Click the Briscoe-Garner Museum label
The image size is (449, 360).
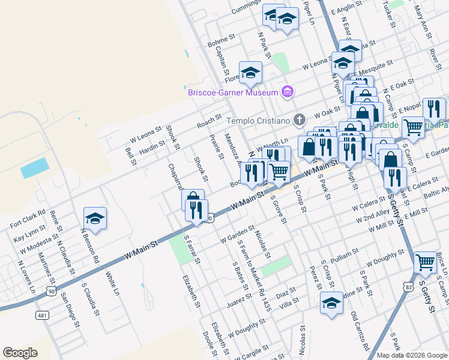[x=233, y=92]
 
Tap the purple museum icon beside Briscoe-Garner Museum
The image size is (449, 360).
[x=288, y=92]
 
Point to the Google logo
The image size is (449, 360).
[x=20, y=353]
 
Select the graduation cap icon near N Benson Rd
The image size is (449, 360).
[x=95, y=219]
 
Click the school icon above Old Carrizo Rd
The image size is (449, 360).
[x=331, y=304]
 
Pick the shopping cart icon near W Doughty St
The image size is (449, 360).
[x=425, y=262]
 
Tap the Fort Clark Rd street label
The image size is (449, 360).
[x=28, y=219]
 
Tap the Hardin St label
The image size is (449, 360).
[x=152, y=146]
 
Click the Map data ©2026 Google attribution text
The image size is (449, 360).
[x=412, y=355]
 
